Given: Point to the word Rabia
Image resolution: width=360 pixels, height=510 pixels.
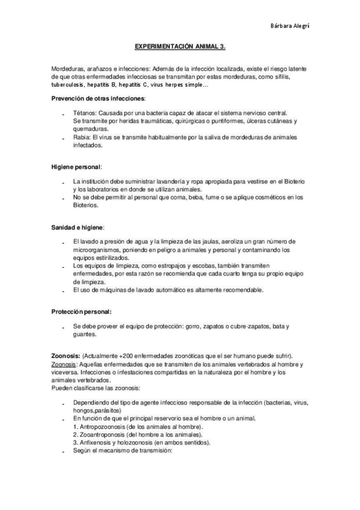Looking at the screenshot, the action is point(81,137).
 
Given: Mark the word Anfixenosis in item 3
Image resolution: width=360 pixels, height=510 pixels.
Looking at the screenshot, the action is point(96,442).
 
